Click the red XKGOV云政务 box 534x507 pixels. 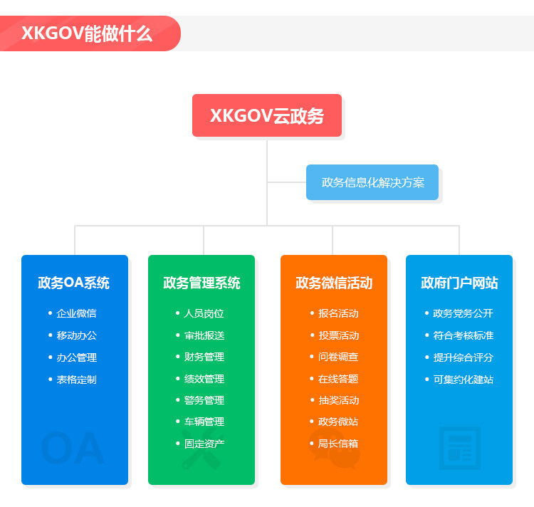[267, 115]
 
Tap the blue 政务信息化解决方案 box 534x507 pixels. [372, 182]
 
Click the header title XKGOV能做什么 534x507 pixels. [87, 33]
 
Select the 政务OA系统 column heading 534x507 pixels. [74, 283]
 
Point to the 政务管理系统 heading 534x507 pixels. [201, 283]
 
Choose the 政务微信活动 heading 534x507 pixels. [334, 283]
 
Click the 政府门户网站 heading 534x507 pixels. [459, 283]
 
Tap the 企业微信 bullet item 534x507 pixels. [76, 313]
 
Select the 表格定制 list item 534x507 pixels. [76, 380]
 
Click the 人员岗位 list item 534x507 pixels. [204, 313]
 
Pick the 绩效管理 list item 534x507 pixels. [204, 379]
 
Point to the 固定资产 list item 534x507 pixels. [204, 444]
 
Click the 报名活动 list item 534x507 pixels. [338, 313]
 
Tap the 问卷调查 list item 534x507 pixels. [338, 357]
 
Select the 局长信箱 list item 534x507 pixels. [338, 444]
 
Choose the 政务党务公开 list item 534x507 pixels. [463, 313]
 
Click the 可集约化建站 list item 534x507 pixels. [463, 380]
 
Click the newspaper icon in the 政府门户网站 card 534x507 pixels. [459, 448]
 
